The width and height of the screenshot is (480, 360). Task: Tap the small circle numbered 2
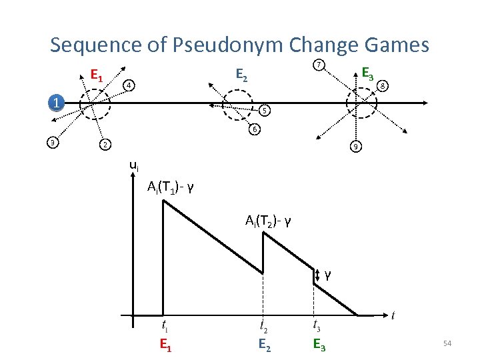(103, 145)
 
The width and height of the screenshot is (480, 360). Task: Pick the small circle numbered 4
(129, 85)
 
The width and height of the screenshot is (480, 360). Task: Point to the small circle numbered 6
(254, 129)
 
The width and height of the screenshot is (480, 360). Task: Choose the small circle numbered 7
(319, 65)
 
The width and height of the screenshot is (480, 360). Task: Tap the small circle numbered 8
(383, 85)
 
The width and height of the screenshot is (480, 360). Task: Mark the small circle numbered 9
(357, 146)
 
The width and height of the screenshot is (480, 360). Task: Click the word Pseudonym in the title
(225, 45)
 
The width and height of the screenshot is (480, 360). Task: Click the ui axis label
(134, 165)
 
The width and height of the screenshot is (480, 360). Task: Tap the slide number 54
(447, 343)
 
